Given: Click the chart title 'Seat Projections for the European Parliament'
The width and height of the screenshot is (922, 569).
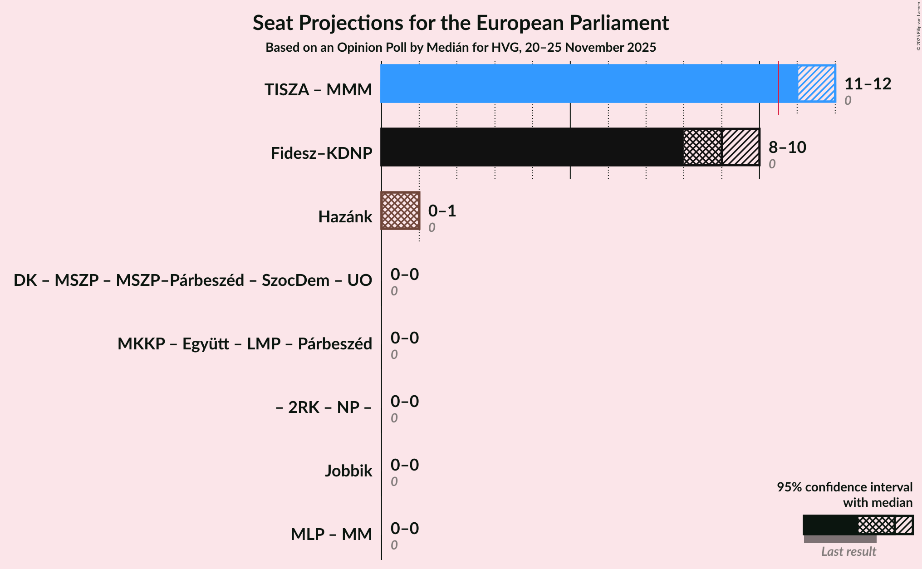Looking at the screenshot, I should tap(461, 23).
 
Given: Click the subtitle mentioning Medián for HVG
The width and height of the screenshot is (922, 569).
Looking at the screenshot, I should tap(461, 48).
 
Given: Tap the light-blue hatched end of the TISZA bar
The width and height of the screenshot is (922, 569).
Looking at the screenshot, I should tap(816, 83).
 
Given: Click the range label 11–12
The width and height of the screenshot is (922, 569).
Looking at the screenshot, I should tap(868, 84).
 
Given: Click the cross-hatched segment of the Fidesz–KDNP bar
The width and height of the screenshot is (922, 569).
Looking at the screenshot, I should tap(702, 147).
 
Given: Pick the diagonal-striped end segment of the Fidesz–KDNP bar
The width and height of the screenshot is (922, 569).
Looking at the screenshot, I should tap(741, 147).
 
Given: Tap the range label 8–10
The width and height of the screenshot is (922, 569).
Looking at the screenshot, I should tap(787, 147).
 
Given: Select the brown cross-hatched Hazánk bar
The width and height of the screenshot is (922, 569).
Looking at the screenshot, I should tap(400, 211).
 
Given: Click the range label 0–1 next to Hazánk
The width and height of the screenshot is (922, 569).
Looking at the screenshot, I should tap(442, 211).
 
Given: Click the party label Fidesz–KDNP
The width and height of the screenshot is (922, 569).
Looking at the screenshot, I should tap(321, 153).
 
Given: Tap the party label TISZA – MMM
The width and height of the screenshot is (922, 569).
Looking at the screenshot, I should tap(318, 90).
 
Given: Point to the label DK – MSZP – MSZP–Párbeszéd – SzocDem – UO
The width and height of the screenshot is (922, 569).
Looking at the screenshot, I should tap(193, 280).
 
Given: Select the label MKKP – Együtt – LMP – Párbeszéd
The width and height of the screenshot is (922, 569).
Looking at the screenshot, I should tap(245, 344).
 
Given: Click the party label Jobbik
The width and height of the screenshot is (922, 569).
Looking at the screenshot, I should tap(348, 471).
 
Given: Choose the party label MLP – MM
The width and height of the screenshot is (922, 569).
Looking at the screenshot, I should tap(331, 535).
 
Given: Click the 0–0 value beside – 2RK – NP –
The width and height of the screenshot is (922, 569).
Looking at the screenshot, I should tap(405, 402).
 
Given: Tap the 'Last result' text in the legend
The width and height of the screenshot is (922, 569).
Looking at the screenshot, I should tap(848, 552).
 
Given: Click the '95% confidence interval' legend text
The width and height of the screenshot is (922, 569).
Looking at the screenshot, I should tap(844, 487).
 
